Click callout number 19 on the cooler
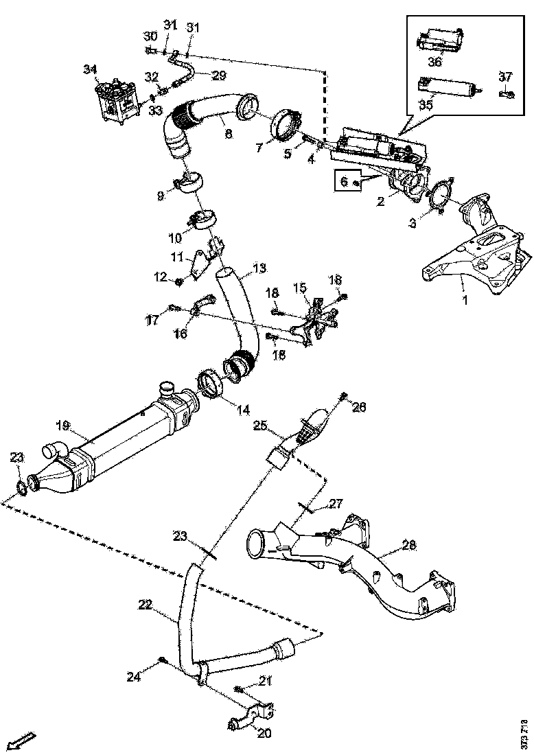61,426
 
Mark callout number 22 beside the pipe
144,604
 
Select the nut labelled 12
178,281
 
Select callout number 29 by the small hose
218,75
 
